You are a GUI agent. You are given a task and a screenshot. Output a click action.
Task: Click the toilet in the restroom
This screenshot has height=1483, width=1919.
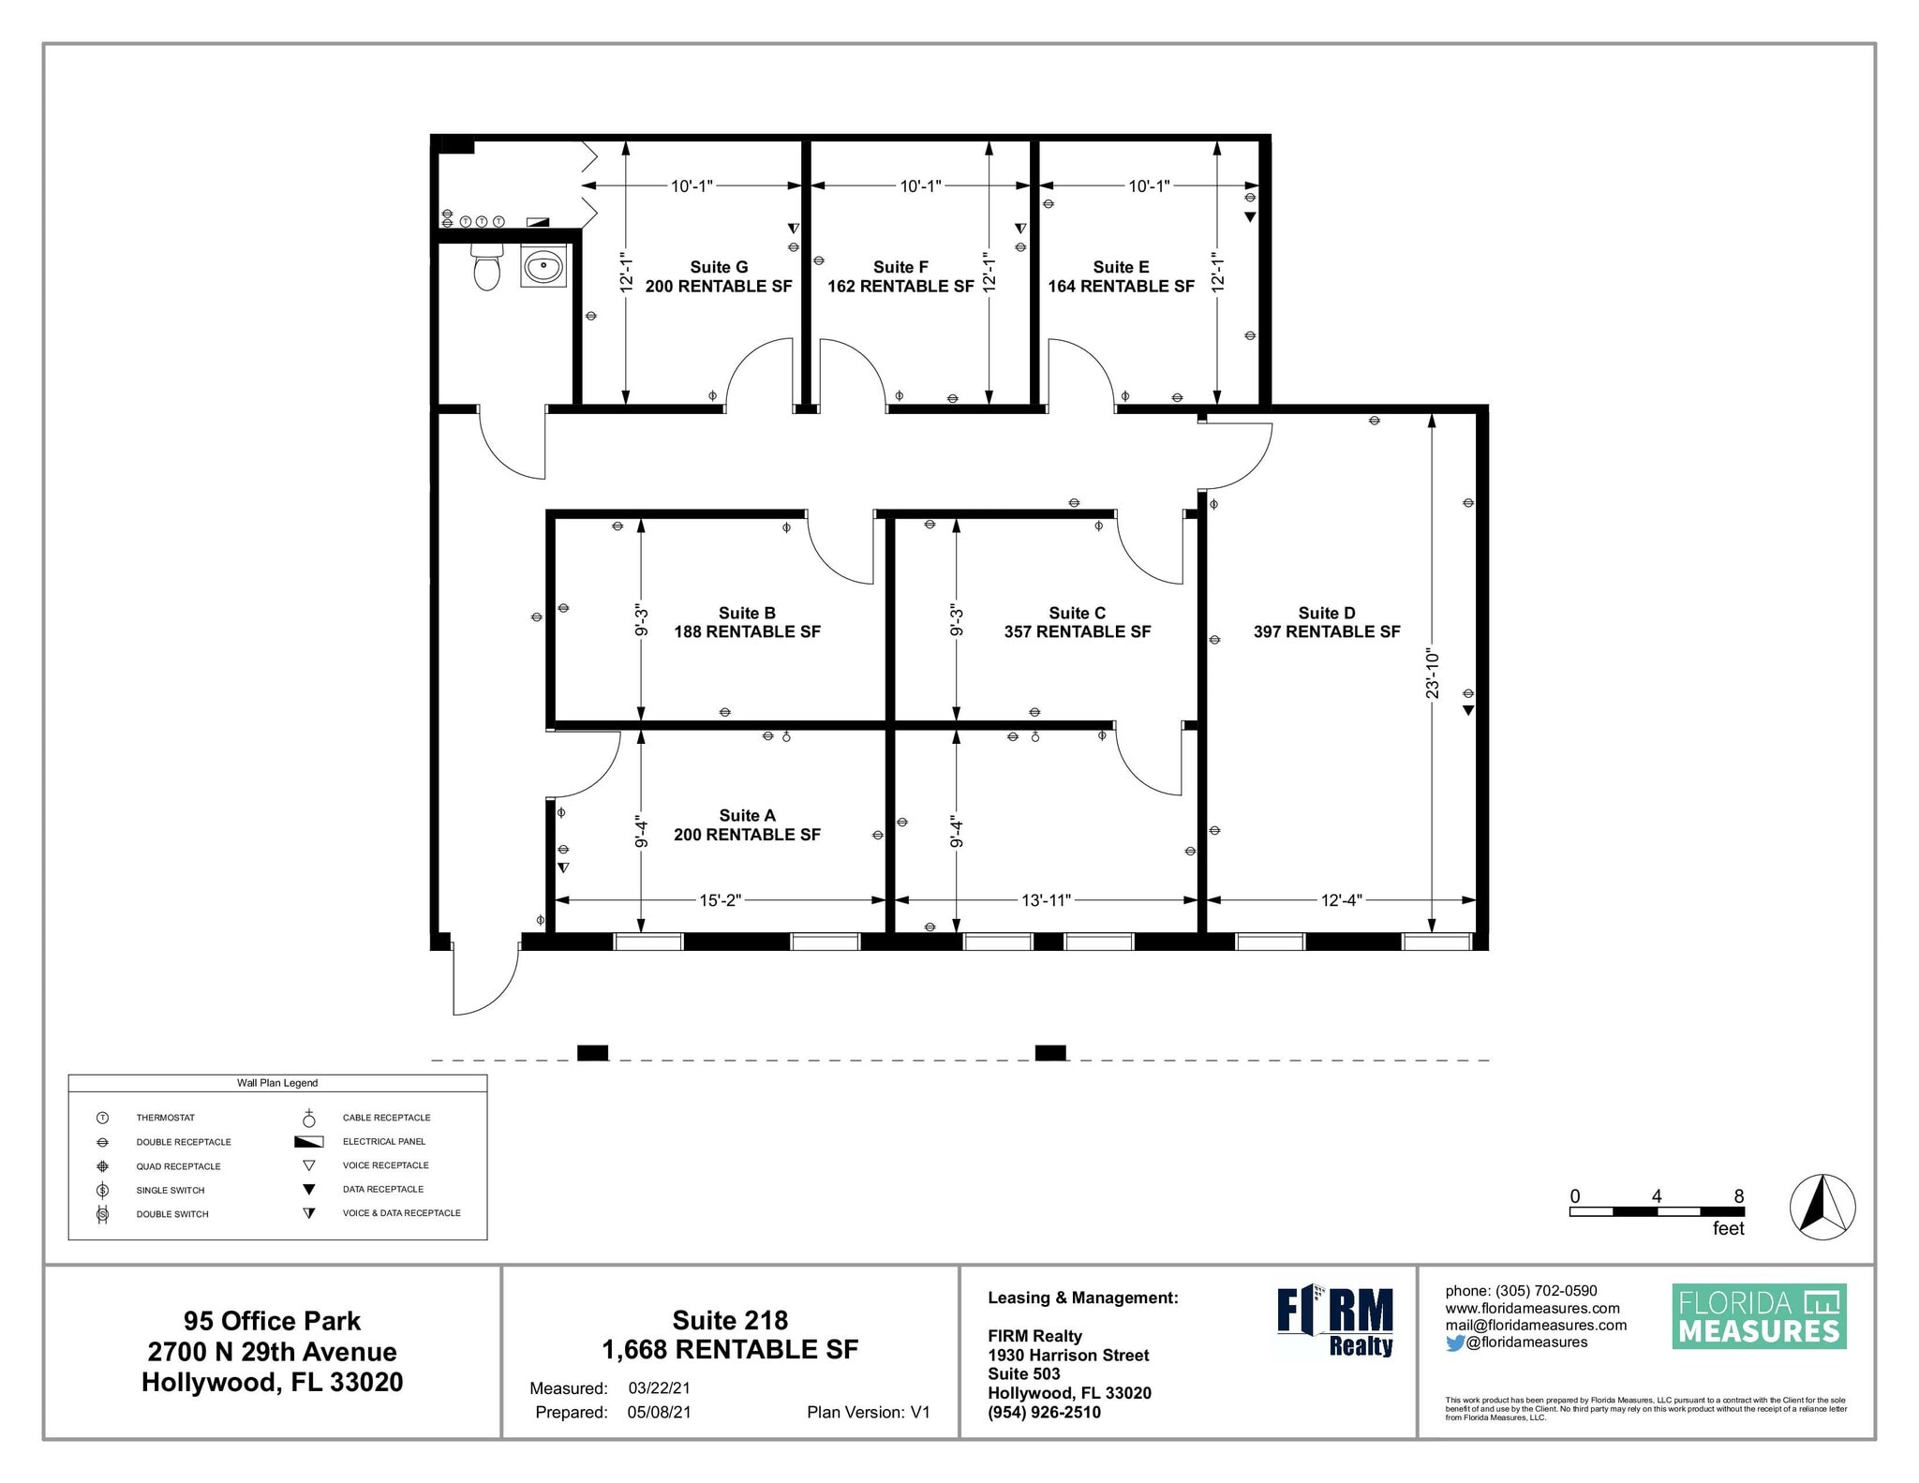point(486,268)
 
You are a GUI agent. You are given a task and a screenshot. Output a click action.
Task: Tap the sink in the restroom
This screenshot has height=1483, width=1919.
point(543,267)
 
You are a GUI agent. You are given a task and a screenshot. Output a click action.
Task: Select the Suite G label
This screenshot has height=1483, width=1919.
point(719,267)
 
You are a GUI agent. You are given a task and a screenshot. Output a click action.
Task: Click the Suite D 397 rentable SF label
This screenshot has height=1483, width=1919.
point(1326,623)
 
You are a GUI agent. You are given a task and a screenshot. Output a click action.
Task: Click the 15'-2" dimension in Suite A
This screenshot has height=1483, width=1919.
point(720,900)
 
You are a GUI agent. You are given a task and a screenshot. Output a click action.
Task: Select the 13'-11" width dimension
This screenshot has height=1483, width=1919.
point(1046,900)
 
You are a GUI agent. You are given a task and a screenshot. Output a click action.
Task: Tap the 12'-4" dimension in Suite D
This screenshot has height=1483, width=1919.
point(1341,900)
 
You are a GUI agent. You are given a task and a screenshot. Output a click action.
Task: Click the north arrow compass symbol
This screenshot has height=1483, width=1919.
point(1822,1207)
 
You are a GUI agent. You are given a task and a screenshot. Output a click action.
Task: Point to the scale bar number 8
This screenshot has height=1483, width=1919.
point(1739,1196)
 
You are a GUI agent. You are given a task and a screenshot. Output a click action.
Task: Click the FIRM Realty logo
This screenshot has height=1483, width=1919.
point(1335,1321)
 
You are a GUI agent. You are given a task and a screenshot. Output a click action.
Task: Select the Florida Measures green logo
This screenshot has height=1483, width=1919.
point(1759,1316)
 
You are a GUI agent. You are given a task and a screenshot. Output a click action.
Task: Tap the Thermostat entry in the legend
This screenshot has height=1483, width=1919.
point(165,1118)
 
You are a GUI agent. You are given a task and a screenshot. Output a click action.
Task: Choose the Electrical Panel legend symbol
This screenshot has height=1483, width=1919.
point(308,1142)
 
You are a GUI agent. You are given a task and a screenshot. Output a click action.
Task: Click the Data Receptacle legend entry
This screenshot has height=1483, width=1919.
point(382,1189)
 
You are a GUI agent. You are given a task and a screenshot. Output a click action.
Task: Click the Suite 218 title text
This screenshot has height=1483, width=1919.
point(730,1320)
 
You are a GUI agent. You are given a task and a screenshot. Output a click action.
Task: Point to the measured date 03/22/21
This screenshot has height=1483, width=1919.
point(659,1388)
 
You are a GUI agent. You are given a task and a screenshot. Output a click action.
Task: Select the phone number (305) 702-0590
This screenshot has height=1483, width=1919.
point(1546,1291)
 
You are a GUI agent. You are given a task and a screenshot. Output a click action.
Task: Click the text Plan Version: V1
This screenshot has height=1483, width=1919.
point(868,1412)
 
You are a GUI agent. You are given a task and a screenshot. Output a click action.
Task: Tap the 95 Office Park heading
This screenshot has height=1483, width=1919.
point(272,1321)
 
